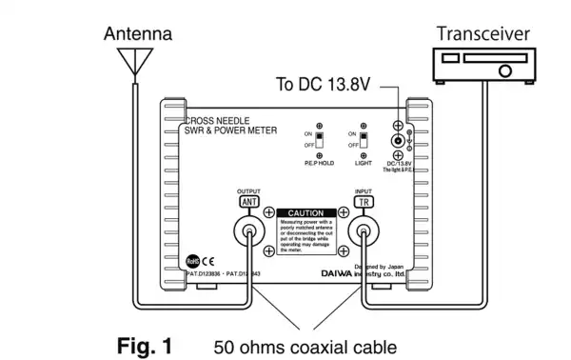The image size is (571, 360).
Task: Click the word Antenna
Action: (137, 33)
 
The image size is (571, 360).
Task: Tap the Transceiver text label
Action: (482, 34)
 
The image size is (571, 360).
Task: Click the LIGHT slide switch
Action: (363, 141)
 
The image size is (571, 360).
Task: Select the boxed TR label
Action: (363, 202)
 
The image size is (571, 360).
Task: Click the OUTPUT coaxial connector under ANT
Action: (247, 231)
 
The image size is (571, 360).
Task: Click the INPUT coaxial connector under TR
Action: (363, 231)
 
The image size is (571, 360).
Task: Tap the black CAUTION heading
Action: (305, 213)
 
